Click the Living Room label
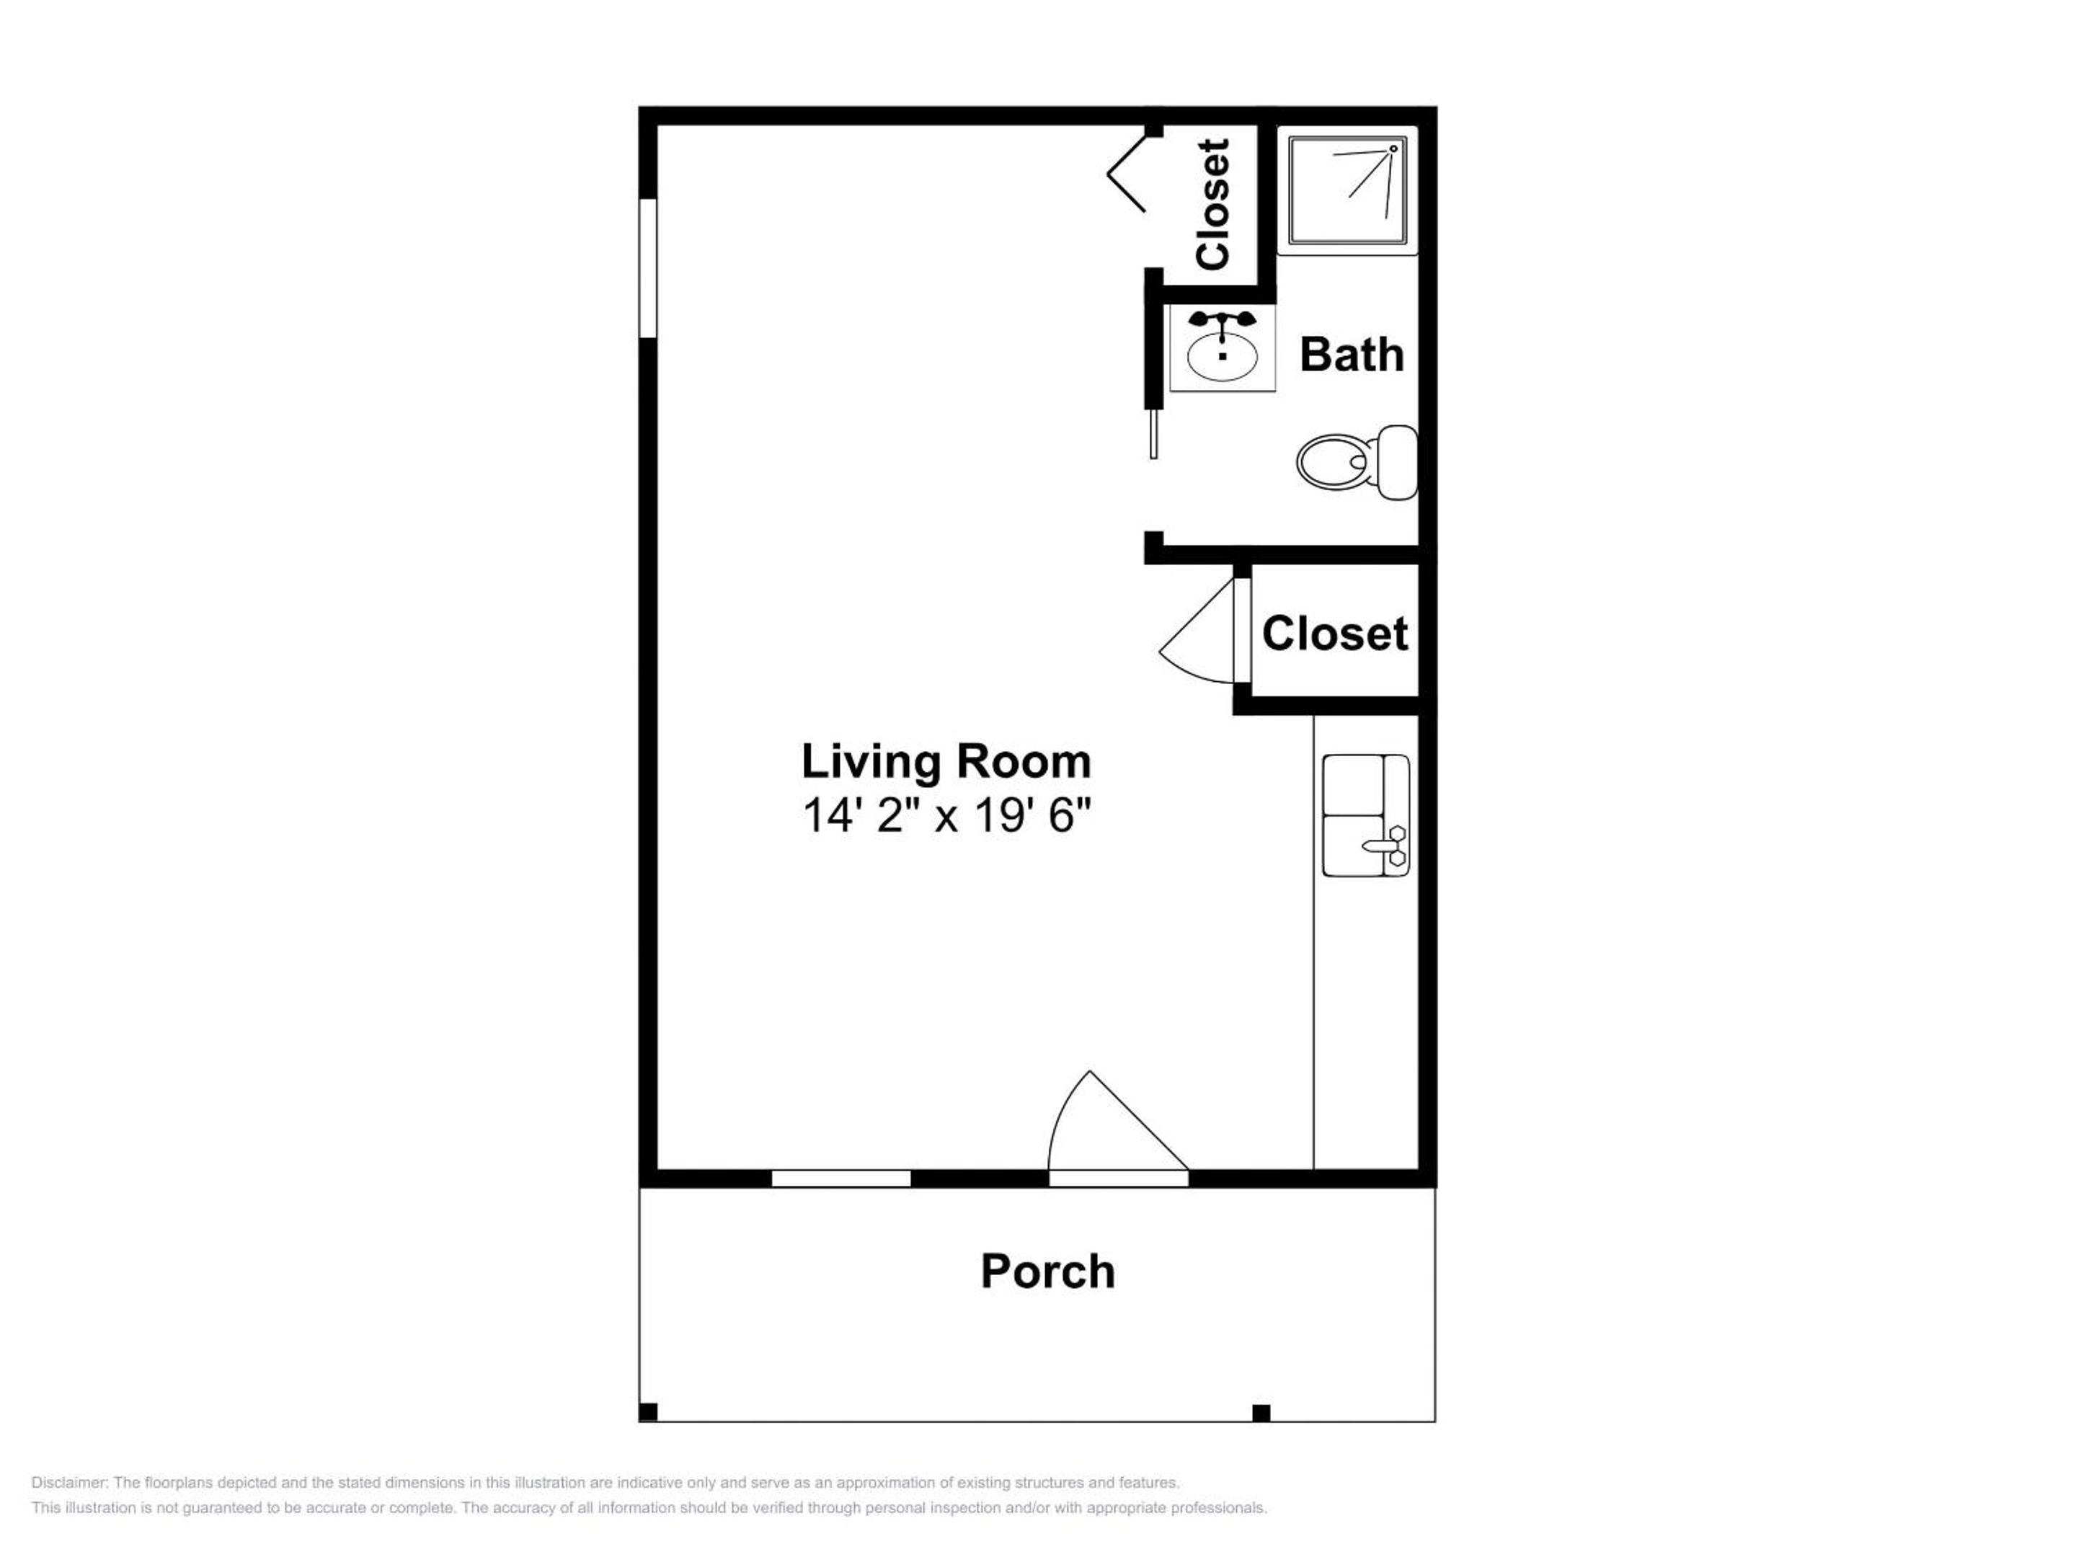946,762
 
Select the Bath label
1352,355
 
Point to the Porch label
1047,1272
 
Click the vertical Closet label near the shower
1212,204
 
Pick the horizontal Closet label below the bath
1334,634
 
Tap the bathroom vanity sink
1222,348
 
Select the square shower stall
1347,190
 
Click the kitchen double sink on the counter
1365,815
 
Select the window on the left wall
647,267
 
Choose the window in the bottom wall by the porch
841,1179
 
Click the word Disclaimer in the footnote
69,1483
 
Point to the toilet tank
1398,462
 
